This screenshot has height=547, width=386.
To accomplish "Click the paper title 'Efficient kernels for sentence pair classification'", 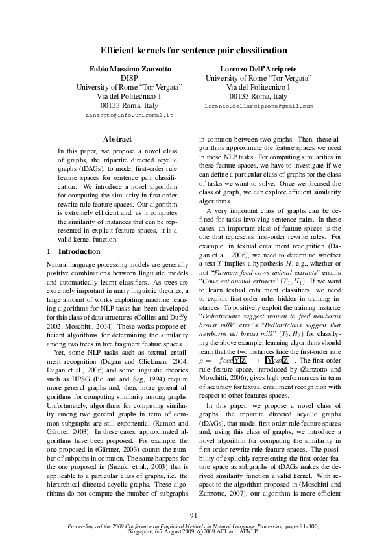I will point(193,50).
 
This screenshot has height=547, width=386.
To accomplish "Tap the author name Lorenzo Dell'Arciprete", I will point(258,68).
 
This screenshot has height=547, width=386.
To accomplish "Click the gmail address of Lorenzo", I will point(258,105).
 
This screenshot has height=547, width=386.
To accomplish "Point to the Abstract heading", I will point(117,139).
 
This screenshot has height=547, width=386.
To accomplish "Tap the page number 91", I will point(193,516).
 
